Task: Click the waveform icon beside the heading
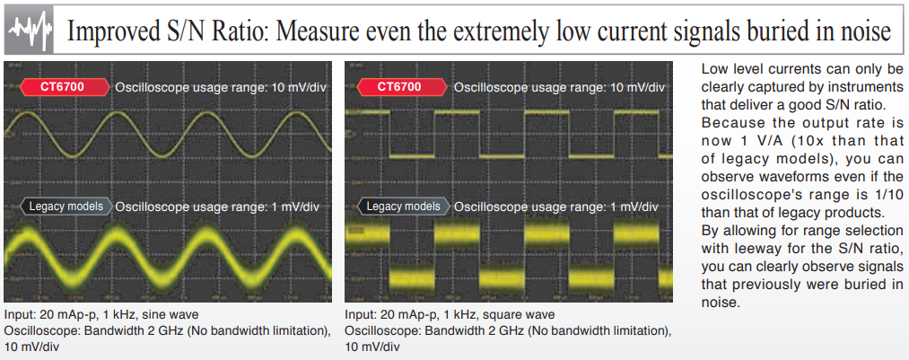point(30,31)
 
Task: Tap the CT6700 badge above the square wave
point(403,88)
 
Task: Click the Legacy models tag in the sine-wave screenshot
point(65,206)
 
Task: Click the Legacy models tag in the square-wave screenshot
point(403,206)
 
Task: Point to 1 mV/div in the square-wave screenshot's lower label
point(637,207)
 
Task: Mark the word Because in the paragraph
point(727,124)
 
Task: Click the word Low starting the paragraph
point(713,69)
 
